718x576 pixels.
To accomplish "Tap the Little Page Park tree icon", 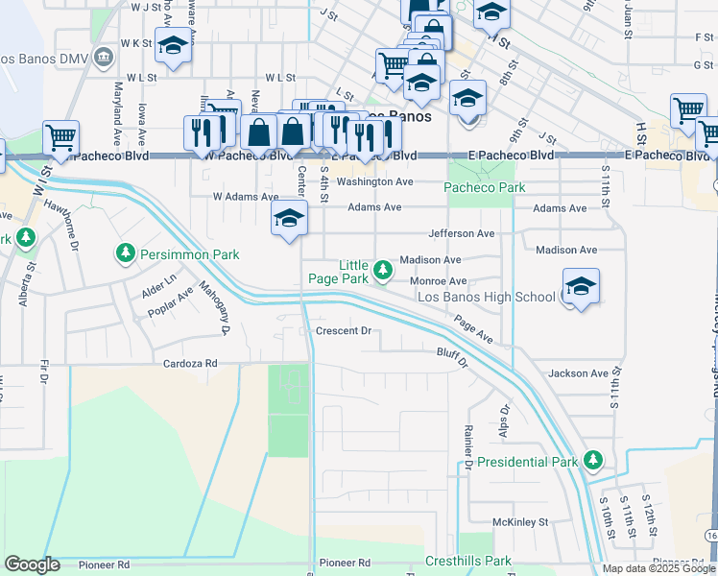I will (383, 270).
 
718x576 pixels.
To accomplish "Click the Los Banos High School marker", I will (581, 287).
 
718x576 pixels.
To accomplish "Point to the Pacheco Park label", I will (485, 188).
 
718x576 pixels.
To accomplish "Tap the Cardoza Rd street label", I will (190, 364).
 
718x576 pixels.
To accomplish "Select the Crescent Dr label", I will (343, 331).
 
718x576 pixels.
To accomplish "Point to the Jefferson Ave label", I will (461, 233).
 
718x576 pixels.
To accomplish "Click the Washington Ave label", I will (374, 181).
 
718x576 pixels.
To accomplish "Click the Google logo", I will (33, 564).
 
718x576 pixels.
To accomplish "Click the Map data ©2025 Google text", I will (658, 568).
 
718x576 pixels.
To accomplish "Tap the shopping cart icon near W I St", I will (60, 139).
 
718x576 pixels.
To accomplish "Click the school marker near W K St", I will (173, 47).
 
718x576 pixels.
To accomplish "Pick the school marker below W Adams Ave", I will (289, 220).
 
